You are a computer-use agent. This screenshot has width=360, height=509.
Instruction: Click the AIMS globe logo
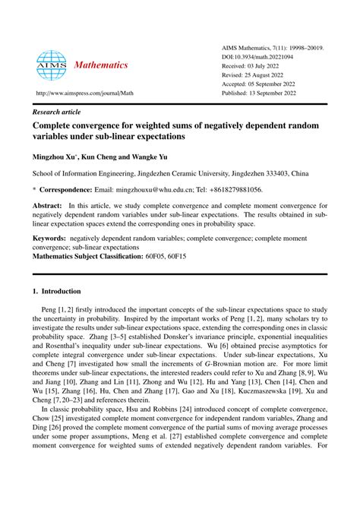[x=52, y=65]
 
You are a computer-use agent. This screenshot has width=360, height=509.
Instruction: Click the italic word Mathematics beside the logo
[x=101, y=65]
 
